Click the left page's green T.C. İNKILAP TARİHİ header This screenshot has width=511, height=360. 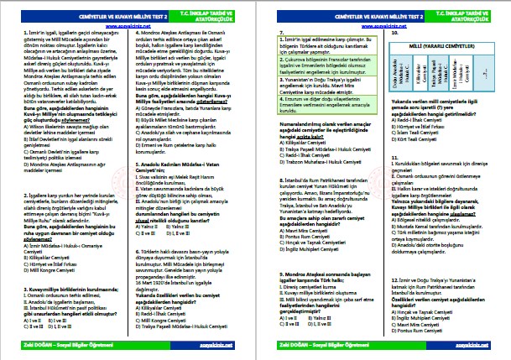point(221,11)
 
